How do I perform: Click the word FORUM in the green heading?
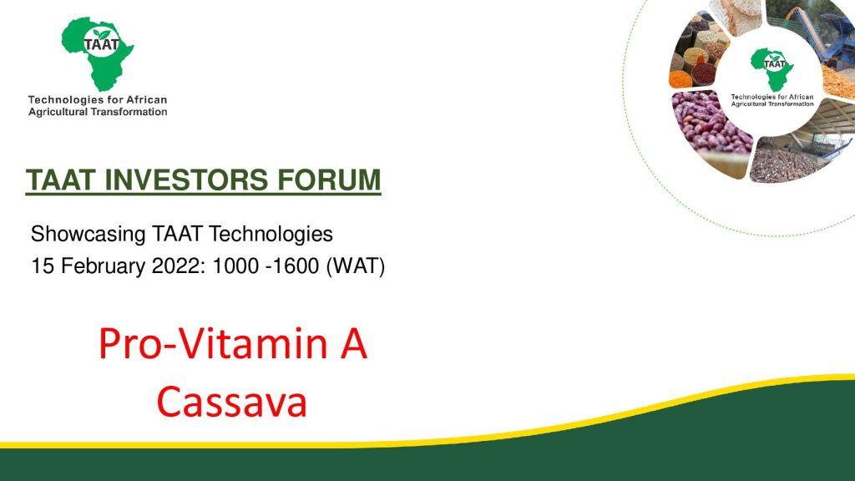tap(329, 180)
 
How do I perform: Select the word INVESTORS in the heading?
tap(186, 180)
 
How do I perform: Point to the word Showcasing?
tap(88, 235)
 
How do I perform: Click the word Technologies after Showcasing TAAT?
tap(271, 235)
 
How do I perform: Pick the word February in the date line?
tap(103, 266)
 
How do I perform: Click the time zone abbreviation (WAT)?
tap(356, 266)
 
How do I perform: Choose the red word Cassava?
tap(232, 402)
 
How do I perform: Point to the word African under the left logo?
tap(147, 100)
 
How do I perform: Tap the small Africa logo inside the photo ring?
tap(771, 69)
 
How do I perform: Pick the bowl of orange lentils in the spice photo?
tap(680, 79)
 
